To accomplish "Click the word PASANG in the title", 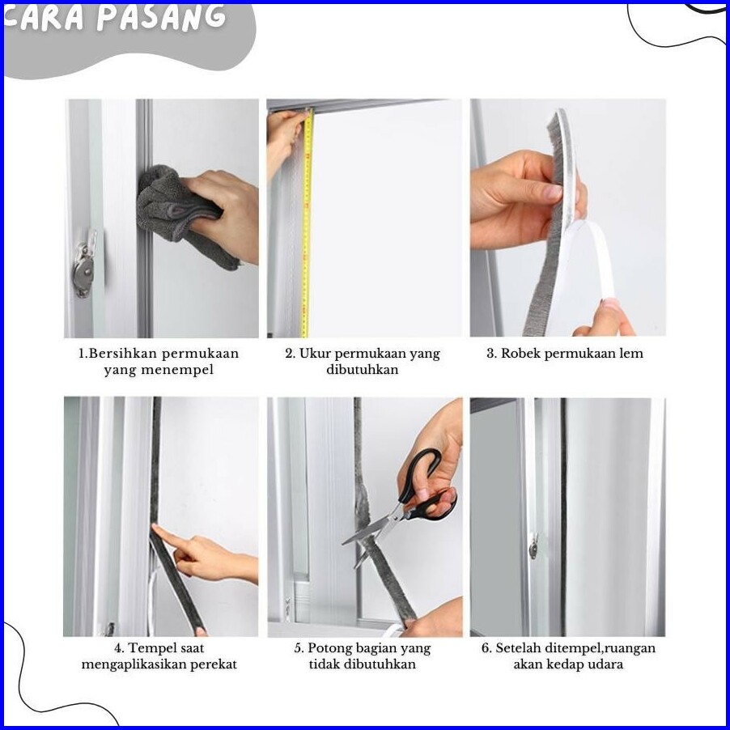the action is pyautogui.click(x=163, y=17).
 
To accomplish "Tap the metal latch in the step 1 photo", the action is pyautogui.click(x=85, y=264).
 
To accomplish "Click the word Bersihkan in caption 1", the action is pyautogui.click(x=123, y=354).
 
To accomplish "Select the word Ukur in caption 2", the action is pyautogui.click(x=314, y=354).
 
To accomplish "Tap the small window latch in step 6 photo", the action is pyautogui.click(x=533, y=545).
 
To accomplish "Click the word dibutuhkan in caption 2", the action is pyautogui.click(x=363, y=370).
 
